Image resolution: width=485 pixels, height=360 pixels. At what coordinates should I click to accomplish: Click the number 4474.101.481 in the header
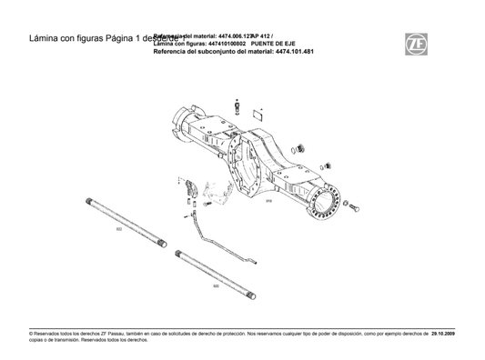tap(294, 52)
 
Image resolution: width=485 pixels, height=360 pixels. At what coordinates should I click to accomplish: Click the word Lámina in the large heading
tap(45, 39)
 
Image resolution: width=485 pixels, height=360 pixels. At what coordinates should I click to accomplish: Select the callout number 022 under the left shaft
tap(119, 230)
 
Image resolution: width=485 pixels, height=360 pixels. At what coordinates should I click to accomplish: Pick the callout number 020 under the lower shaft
tap(216, 285)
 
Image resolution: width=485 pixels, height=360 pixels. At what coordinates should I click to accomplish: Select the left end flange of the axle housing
tap(186, 121)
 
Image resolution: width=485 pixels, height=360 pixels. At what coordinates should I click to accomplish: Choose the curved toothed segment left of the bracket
tap(191, 188)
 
